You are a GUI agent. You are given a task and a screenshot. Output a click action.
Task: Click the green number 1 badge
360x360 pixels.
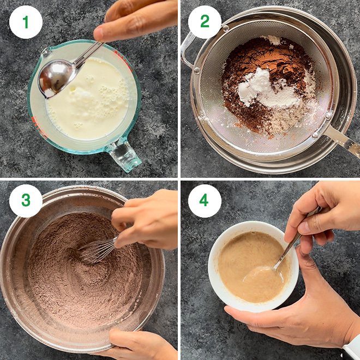click(x=25, y=22)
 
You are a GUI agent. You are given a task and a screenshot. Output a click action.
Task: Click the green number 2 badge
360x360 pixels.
click(x=205, y=22)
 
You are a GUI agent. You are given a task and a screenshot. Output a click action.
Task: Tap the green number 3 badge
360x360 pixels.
click(x=25, y=200)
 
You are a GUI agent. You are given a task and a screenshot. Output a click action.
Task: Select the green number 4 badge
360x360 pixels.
click(x=205, y=200)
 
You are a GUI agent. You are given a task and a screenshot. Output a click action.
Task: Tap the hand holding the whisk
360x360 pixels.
click(x=147, y=218)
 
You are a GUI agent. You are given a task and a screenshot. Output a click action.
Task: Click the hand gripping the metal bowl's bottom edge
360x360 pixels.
click(x=139, y=345)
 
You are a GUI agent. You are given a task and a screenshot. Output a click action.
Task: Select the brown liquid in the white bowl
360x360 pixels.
click(x=245, y=262)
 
